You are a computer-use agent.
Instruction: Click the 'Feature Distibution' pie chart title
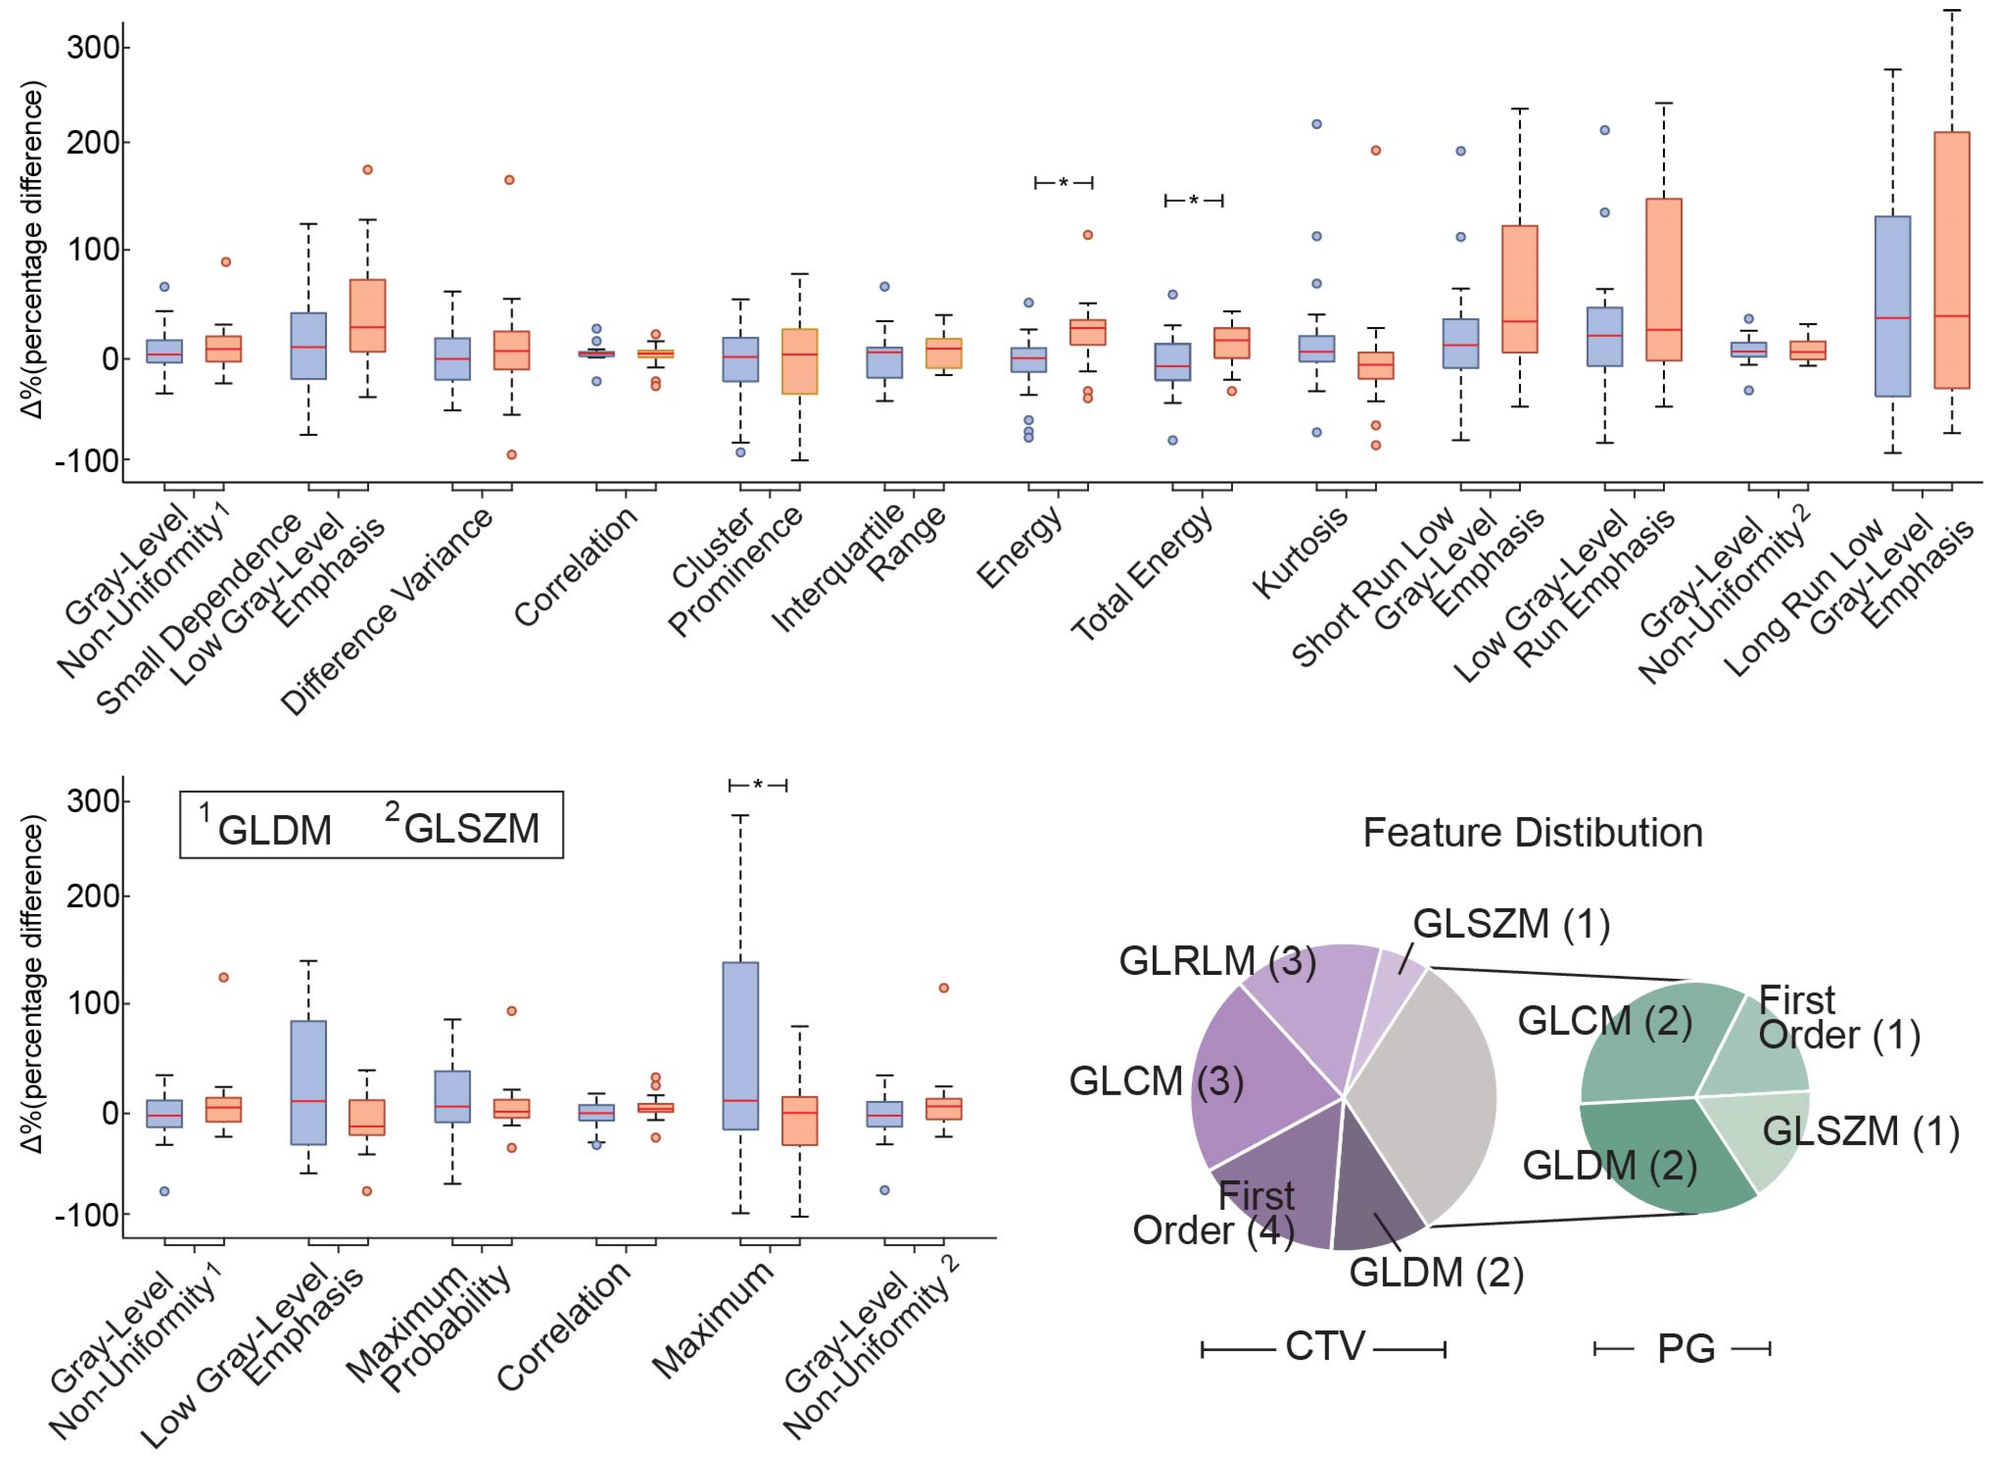1532,833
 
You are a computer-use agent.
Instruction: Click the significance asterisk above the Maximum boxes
758,785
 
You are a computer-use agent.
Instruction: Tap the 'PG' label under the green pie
1687,1349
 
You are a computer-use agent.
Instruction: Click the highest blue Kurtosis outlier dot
1317,124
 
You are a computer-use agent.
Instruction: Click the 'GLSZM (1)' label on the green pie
1860,1132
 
